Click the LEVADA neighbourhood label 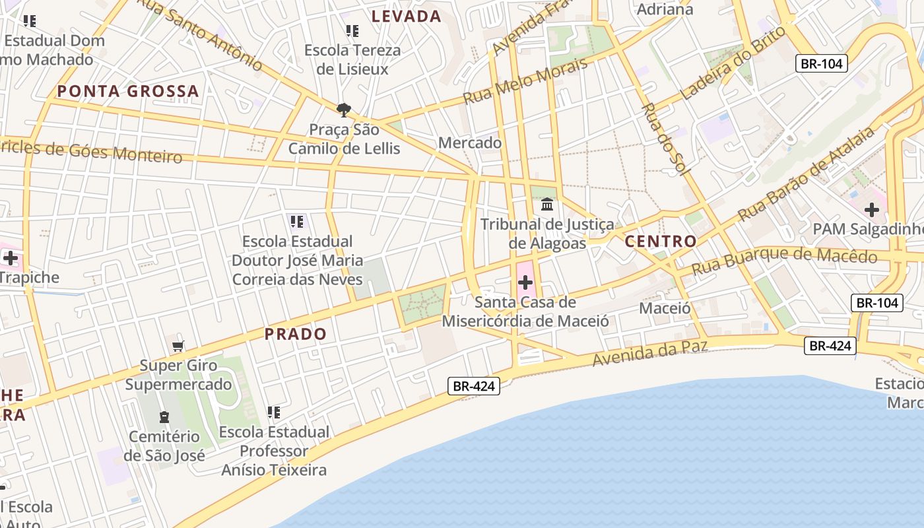click(x=406, y=16)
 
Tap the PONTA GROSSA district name click(x=128, y=91)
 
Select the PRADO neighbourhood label click(x=296, y=334)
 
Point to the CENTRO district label click(x=661, y=241)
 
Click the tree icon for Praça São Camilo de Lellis click(x=343, y=110)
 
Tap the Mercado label click(x=470, y=143)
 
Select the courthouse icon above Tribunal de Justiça click(x=547, y=205)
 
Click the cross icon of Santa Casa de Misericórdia click(x=525, y=283)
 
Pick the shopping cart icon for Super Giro click(x=178, y=346)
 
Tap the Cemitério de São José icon click(x=164, y=417)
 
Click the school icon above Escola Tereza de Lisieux click(x=352, y=30)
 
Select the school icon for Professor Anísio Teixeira click(x=274, y=412)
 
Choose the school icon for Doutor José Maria click(x=296, y=221)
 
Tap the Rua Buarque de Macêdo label click(x=785, y=259)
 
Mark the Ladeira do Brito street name click(x=733, y=62)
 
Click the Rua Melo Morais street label click(x=525, y=81)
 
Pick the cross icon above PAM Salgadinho click(x=872, y=211)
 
